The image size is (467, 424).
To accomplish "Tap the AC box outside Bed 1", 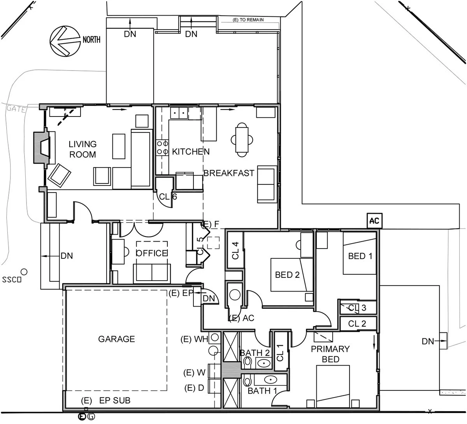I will coord(374,221).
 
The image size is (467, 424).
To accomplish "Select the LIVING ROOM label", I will coord(82,149).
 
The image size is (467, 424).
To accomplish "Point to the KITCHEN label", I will coord(191,152).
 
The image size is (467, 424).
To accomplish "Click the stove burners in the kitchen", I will coord(162,148).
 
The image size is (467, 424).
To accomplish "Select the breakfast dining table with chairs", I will coord(242,140).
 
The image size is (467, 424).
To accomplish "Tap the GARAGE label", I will coord(116,339).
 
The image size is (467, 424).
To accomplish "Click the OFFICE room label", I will coord(151,253).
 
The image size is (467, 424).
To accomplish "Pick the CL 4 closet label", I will coord(235,251).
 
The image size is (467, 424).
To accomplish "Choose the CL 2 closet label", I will coord(357,323).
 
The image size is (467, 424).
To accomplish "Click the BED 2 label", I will coord(287,275).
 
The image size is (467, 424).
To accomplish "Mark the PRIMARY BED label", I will coord(330,354).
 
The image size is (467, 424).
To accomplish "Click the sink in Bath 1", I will coord(270,379).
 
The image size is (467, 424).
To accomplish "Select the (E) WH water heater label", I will coord(195,339).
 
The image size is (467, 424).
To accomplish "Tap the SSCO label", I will coord(11,279).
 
